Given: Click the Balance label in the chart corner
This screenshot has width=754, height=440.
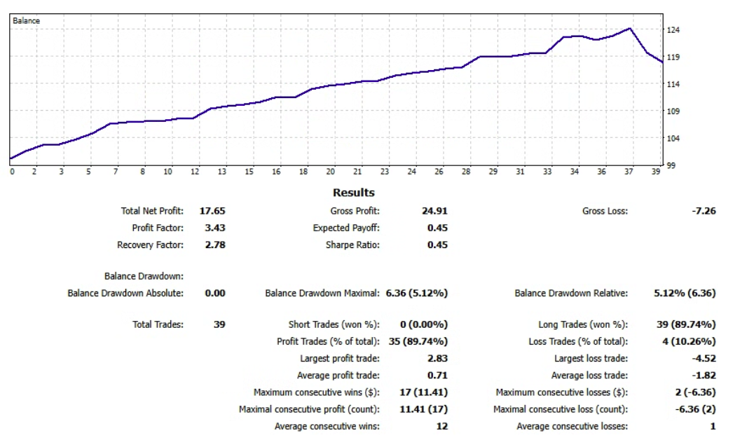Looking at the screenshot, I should pos(26,21).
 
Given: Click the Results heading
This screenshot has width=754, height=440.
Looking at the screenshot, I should pos(353,193).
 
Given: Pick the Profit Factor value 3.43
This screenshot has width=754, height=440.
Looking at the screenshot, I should pos(215,228).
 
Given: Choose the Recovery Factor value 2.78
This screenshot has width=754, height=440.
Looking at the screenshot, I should pos(215,245).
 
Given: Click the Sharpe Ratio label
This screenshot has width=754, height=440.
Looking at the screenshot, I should pos(352,245).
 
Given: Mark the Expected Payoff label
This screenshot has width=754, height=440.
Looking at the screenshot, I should pos(346,228).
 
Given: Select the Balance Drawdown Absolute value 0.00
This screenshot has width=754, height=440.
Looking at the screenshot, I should pos(215,294).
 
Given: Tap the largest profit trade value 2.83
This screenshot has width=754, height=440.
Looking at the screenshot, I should pos(437,359).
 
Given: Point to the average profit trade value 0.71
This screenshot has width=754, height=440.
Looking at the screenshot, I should pos(437,376).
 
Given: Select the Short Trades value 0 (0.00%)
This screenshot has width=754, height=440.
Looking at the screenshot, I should pos(423,324).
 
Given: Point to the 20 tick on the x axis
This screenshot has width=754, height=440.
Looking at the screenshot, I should pos(331,172).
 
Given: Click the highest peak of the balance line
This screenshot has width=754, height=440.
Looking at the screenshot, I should pos(630,29).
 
